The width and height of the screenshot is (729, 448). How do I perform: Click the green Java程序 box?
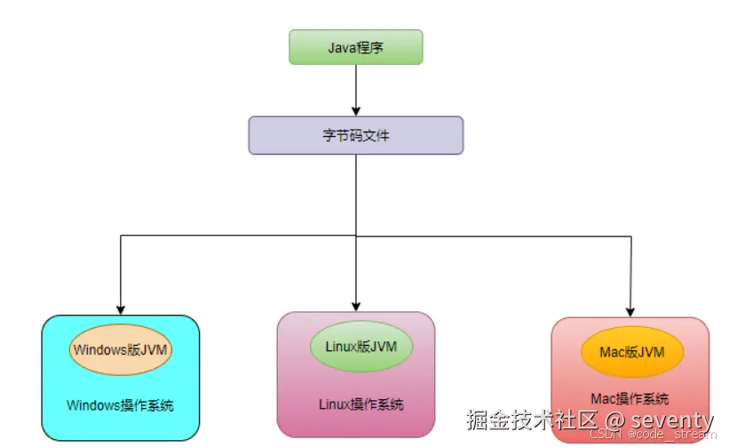coord(355,47)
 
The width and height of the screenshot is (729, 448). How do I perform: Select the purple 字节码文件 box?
coord(355,136)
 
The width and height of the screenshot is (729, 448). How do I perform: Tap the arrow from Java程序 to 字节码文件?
coord(355,89)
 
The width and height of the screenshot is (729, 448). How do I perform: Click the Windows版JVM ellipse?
coord(120,349)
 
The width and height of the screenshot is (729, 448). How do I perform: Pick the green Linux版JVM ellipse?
coord(355,346)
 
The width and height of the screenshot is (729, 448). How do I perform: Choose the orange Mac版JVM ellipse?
coord(631,352)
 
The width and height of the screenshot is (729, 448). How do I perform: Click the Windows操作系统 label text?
coord(120,405)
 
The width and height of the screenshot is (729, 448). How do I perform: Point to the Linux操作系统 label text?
coord(361,404)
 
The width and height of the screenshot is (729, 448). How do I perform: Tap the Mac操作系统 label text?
coord(630,399)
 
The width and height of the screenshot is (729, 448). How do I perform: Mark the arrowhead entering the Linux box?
coord(355,305)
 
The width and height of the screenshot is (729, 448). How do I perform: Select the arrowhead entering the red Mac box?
coord(630,310)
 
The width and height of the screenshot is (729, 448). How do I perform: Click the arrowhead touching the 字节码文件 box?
coord(355,111)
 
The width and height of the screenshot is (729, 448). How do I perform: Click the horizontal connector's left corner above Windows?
coord(120,236)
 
